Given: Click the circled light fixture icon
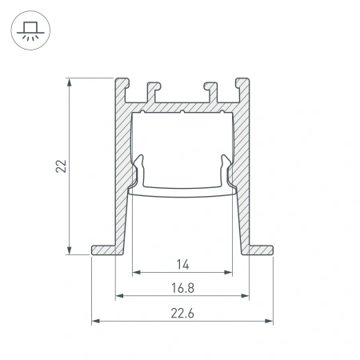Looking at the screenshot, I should (29, 30).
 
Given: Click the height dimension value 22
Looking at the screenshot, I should (61, 166).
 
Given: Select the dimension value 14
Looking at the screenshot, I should (182, 262).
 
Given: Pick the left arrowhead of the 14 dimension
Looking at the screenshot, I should (135, 273).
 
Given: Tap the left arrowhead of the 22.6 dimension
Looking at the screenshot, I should (96, 322).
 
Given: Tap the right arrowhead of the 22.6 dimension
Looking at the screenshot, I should (269, 322).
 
